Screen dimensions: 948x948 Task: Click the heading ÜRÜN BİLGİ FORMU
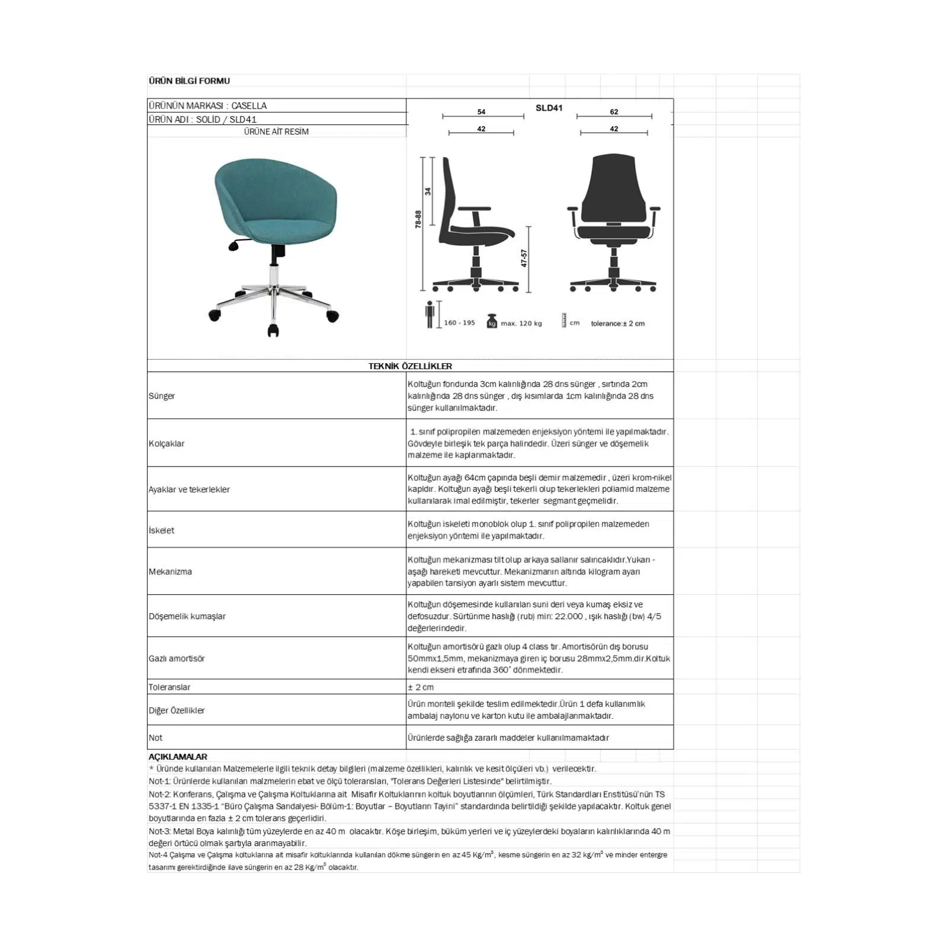[x=189, y=81]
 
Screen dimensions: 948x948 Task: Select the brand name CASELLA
[x=249, y=105]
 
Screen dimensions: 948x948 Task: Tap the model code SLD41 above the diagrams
[x=549, y=108]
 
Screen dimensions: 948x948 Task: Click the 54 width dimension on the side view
[x=481, y=111]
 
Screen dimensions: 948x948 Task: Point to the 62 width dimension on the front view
[x=614, y=111]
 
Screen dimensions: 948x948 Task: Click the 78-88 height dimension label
[x=418, y=219]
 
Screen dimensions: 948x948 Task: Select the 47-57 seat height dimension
[x=524, y=258]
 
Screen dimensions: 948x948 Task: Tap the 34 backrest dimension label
[x=428, y=191]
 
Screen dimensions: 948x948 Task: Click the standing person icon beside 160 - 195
[x=430, y=315]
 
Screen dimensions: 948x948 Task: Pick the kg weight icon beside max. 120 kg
[x=491, y=321]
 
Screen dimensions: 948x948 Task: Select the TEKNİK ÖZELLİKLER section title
[x=410, y=366]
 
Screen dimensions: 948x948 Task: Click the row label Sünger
[x=162, y=396]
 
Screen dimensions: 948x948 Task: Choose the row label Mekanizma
[x=170, y=572]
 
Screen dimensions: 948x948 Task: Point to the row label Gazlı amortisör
[x=177, y=658]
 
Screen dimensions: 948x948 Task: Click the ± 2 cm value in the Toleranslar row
[x=421, y=687]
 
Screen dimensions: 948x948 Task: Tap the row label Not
[x=155, y=738]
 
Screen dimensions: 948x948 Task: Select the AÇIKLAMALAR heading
[x=178, y=757]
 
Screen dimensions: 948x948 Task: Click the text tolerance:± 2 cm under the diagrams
[x=617, y=324]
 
